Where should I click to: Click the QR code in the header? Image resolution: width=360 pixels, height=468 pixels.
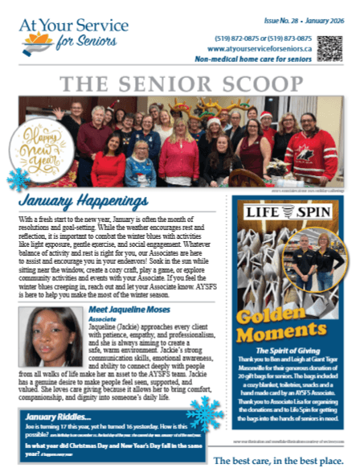tap(329, 48)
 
